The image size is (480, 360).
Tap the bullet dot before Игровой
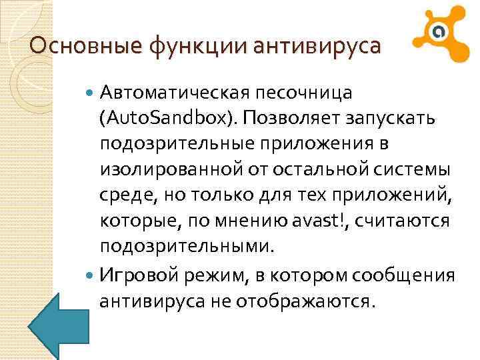(91, 274)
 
